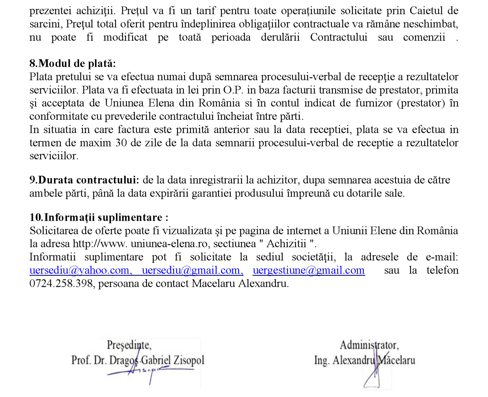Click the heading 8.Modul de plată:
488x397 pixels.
point(72,63)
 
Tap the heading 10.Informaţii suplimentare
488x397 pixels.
point(99,217)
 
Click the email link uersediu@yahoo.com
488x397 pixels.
point(79,270)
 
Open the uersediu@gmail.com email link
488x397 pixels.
point(192,270)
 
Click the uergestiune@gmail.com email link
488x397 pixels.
point(309,270)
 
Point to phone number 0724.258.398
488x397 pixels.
point(61,284)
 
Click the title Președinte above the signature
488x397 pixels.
point(129,345)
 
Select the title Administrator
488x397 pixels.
point(369,345)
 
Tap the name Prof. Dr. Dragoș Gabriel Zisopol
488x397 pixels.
point(138,360)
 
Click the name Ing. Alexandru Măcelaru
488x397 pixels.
point(364,360)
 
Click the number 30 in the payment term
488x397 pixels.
point(121,143)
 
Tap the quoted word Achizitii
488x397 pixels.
point(286,244)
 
